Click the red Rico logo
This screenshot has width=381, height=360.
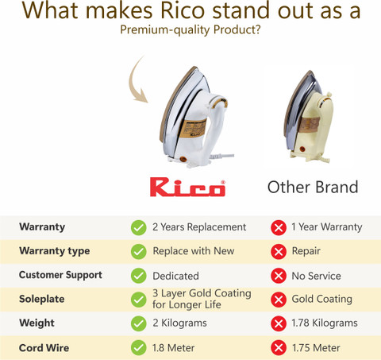point(187,187)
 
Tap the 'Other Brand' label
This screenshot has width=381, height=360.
point(313,187)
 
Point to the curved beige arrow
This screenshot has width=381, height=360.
point(137,81)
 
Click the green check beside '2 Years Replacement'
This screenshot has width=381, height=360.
point(138,227)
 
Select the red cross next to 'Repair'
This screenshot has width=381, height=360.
point(279,252)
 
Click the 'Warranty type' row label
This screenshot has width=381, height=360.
point(55,251)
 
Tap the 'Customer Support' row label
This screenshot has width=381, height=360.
point(60,275)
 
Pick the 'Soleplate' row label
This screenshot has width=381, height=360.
point(42,299)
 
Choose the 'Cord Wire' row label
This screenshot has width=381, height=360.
point(44,348)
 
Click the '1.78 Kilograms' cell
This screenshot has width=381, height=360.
point(325,323)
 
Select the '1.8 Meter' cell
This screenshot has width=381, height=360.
point(174,348)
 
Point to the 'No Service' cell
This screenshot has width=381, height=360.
point(316,276)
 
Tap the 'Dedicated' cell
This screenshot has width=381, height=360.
point(175,276)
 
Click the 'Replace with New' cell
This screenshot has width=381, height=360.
point(194,251)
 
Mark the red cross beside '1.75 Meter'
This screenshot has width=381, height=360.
point(279,348)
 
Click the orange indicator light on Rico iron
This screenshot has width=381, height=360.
point(183,160)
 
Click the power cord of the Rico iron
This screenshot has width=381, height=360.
point(221,157)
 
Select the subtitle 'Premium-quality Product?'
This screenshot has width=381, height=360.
point(190,29)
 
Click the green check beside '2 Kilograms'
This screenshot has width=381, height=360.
point(138,323)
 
